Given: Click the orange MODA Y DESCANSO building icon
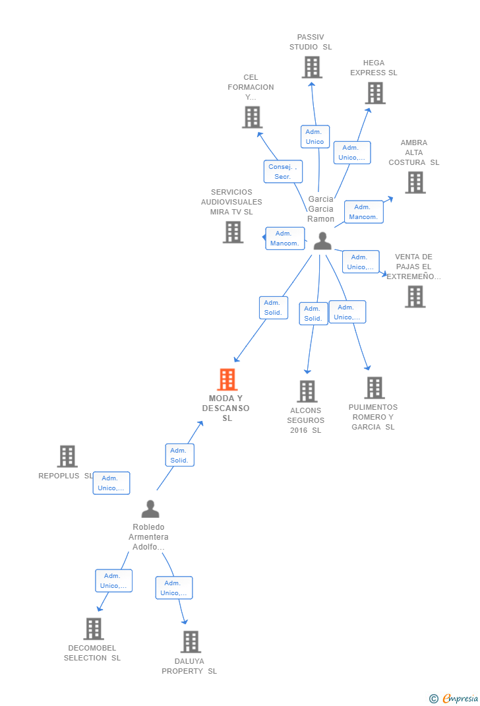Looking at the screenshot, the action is (227, 379).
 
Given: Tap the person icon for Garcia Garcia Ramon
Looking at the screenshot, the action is (322, 241).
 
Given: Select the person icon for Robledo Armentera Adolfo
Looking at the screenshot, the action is (150, 509).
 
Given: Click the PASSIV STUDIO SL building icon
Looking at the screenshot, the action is (312, 67).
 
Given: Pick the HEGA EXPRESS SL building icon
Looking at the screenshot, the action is (375, 93).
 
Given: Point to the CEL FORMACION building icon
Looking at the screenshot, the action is (253, 117).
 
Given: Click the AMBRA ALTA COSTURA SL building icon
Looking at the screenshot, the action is (415, 182).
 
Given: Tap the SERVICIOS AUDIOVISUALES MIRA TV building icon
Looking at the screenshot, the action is (233, 232).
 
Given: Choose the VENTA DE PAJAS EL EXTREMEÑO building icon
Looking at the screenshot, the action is (415, 297).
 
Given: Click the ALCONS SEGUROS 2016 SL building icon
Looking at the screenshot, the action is (307, 391).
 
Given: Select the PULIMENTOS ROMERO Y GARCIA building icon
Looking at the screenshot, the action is (375, 388).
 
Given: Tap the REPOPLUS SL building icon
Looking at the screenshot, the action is (67, 456).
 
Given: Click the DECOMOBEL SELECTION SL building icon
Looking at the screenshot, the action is (94, 629).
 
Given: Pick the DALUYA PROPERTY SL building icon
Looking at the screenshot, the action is (191, 641).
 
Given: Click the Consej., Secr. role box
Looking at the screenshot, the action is (283, 172).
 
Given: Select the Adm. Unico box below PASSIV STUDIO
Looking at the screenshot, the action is (315, 137).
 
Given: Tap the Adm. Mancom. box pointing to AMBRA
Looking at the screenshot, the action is (363, 212).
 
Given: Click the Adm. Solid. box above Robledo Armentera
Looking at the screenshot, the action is (179, 455).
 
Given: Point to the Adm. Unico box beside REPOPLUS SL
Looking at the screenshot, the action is (111, 483).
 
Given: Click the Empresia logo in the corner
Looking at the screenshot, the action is (454, 698).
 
